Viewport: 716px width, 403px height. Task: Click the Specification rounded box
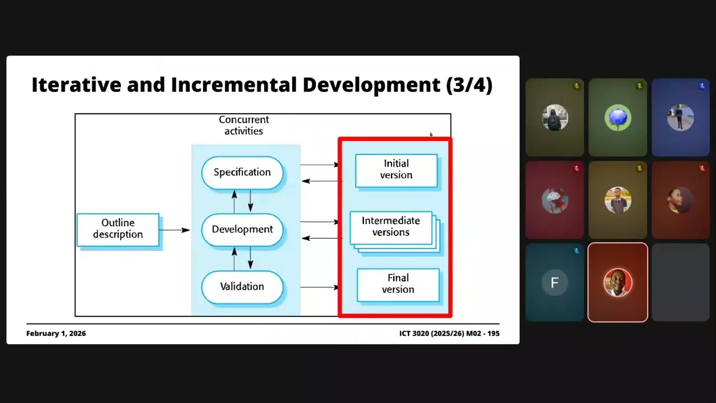(242, 172)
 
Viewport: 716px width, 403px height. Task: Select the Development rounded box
(242, 229)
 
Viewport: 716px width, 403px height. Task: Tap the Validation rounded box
(242, 287)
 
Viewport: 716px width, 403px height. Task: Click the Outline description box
(118, 229)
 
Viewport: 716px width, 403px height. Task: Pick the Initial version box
(397, 171)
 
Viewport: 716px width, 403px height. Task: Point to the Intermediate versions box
(391, 228)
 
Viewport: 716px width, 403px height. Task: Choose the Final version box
(398, 285)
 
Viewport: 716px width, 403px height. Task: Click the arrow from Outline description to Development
(174, 230)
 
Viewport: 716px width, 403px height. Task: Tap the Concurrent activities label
(243, 125)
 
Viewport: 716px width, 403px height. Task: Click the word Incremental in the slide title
(234, 85)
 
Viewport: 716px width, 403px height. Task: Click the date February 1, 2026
(56, 333)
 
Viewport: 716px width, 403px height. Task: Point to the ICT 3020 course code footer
(449, 333)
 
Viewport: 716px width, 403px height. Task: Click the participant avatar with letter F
(554, 283)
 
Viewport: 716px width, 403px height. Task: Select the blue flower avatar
(618, 118)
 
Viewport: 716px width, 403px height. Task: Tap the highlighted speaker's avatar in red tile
(618, 283)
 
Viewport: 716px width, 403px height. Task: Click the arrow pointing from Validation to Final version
(319, 287)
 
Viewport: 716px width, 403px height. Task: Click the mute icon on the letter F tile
(576, 251)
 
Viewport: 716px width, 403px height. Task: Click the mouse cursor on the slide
(431, 135)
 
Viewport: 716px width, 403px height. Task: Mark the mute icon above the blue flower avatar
(639, 86)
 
